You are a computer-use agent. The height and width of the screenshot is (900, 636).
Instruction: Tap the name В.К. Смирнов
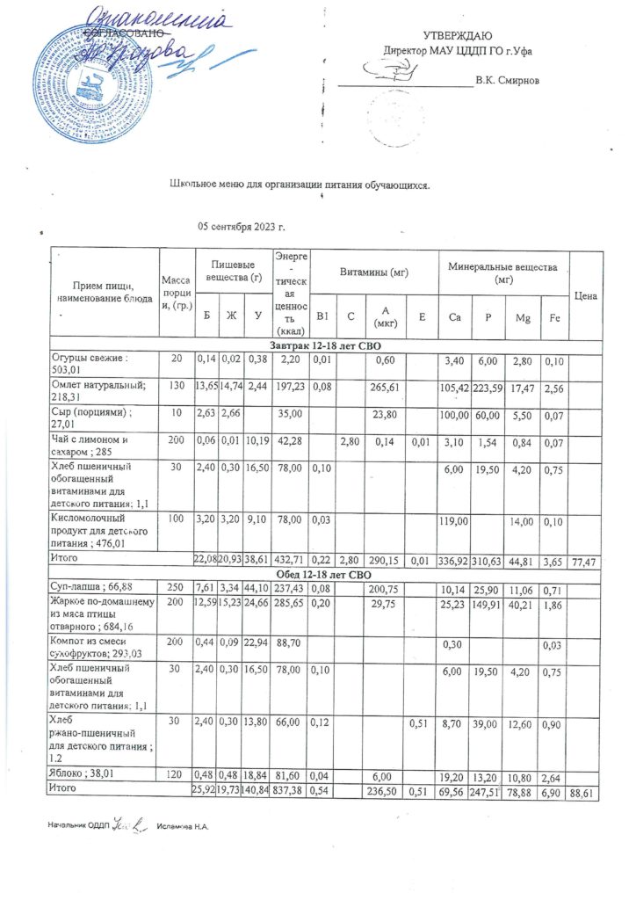click(x=506, y=81)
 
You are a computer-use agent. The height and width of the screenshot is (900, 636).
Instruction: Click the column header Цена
click(x=585, y=297)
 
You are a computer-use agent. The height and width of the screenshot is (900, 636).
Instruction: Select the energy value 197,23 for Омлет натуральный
click(x=289, y=386)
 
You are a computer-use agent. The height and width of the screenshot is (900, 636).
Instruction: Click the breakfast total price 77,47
click(x=584, y=559)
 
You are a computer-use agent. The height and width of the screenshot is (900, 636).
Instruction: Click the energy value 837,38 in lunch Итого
click(x=289, y=791)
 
